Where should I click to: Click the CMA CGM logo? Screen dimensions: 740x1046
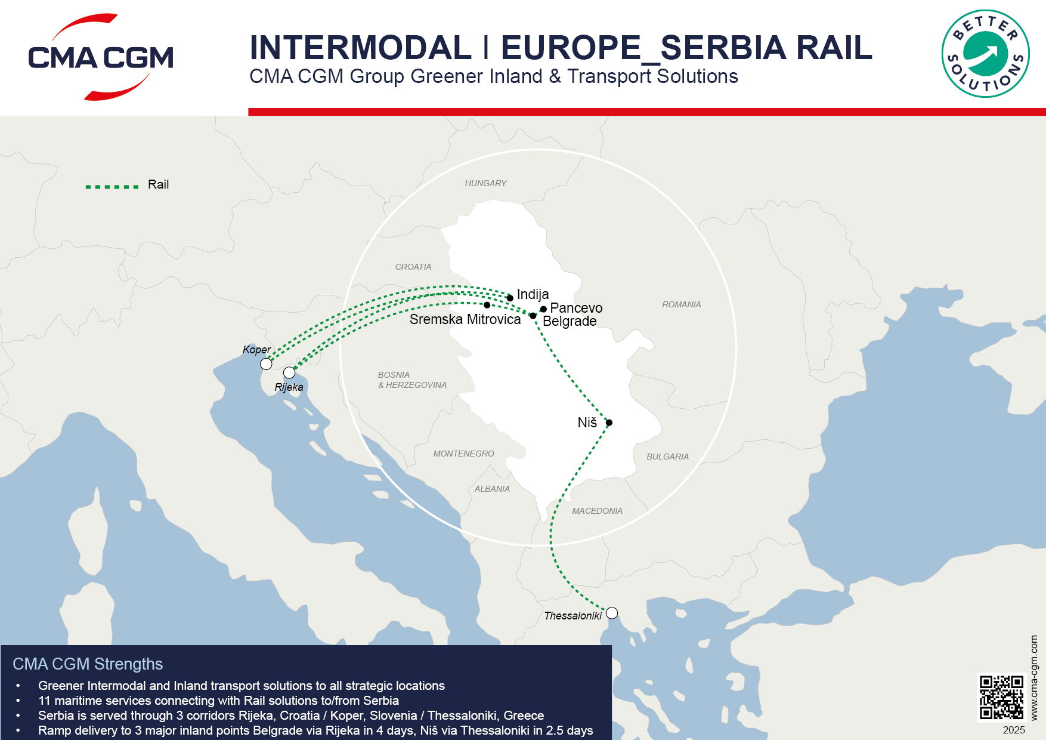pos(101,57)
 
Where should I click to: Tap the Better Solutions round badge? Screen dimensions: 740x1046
pos(985,54)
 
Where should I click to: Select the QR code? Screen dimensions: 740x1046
pos(1001,697)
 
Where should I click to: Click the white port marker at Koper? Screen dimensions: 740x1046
pos(266,364)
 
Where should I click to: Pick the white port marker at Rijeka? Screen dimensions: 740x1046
pos(289,373)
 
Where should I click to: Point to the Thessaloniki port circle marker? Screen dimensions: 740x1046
pos(612,613)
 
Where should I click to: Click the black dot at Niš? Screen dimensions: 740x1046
pos(609,423)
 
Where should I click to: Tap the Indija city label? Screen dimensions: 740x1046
pos(533,294)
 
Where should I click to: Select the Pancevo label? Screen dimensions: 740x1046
pos(576,308)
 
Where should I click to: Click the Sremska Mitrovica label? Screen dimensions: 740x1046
pos(465,319)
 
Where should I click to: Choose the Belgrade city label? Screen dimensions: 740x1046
pos(570,322)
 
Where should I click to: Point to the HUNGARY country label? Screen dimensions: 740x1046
pos(485,183)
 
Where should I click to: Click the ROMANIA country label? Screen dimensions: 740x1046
pos(681,304)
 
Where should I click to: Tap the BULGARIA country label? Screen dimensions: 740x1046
pos(667,457)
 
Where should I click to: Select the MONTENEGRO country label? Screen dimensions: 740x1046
pos(463,454)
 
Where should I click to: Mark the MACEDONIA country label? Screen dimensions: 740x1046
pos(597,511)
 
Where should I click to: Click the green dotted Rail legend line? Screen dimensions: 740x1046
pos(112,187)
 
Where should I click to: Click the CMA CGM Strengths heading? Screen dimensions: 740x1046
pos(88,664)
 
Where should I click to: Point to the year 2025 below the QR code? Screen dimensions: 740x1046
pos(1014,730)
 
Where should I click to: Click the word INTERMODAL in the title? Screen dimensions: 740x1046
pos(360,48)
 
